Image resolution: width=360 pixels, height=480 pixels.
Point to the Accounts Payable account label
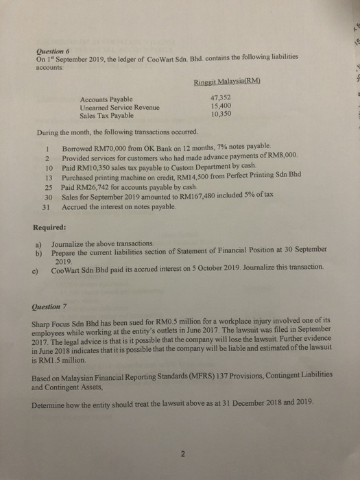click(107, 99)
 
